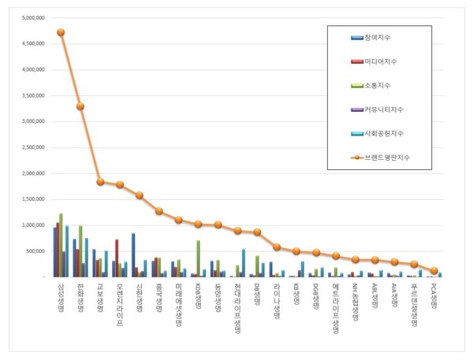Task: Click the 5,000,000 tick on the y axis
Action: [x=33, y=18]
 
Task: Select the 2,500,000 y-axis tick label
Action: [x=33, y=147]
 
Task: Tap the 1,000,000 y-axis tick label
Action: [x=33, y=225]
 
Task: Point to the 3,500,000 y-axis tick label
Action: [x=33, y=95]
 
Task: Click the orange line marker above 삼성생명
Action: [x=61, y=32]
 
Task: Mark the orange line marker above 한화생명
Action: [x=80, y=106]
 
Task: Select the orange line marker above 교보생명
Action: [x=100, y=182]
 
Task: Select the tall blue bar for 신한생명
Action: [x=133, y=255]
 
